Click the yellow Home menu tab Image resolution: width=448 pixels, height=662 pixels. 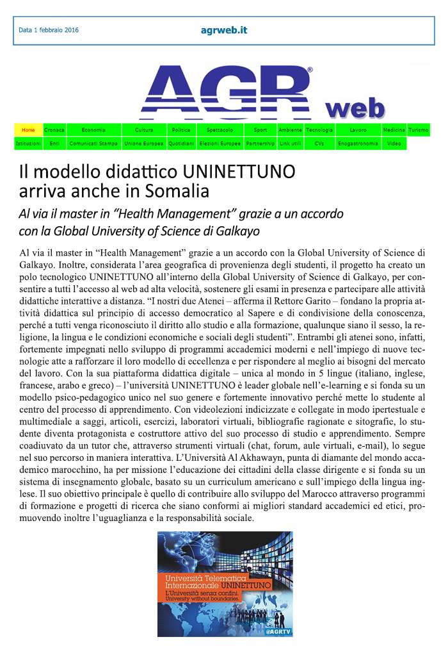pyautogui.click(x=28, y=130)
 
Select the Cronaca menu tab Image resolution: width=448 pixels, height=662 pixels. pyautogui.click(x=54, y=130)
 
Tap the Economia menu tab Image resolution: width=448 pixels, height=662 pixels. pyautogui.click(x=93, y=130)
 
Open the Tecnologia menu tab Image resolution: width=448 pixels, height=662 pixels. pyautogui.click(x=319, y=130)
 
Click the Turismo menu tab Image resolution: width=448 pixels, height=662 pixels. pyautogui.click(x=419, y=130)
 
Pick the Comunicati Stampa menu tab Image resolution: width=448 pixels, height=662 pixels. pyautogui.click(x=93, y=144)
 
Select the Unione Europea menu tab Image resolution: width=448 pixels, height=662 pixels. pyautogui.click(x=144, y=144)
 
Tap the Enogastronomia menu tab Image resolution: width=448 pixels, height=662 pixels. pyautogui.click(x=358, y=144)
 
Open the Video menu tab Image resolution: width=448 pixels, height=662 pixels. pyautogui.click(x=394, y=144)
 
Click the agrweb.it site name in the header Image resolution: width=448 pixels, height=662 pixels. pyautogui.click(x=223, y=30)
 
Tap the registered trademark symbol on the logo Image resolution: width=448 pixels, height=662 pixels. pyautogui.click(x=310, y=69)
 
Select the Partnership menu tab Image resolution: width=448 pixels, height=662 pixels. pyautogui.click(x=260, y=144)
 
